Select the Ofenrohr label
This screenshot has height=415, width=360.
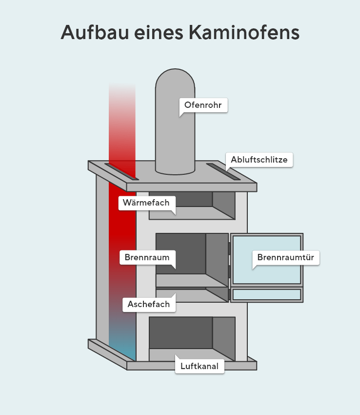click(x=203, y=105)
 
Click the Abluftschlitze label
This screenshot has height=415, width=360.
click(x=259, y=160)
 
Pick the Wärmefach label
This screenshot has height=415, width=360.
click(x=146, y=203)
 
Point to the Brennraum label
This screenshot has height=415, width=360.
click(x=147, y=257)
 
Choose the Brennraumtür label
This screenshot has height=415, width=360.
click(x=286, y=257)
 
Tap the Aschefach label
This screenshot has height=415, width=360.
click(x=149, y=304)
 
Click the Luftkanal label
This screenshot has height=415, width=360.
click(x=200, y=366)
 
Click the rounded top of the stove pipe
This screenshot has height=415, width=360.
click(x=175, y=81)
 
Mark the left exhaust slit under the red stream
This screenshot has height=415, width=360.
click(x=121, y=172)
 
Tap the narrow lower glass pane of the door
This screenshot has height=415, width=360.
click(x=266, y=294)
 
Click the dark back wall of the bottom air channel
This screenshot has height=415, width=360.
click(x=180, y=332)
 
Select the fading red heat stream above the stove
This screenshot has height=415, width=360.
click(x=122, y=122)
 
